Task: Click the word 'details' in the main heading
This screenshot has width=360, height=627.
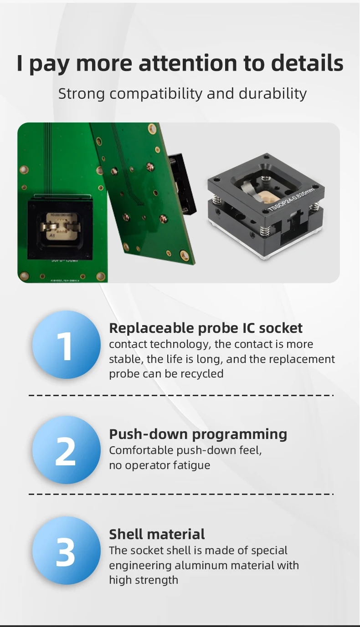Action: point(307,63)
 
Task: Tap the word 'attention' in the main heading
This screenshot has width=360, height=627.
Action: point(187,63)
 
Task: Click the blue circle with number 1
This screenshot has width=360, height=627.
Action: point(66,345)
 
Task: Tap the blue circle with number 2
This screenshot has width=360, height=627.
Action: point(66,450)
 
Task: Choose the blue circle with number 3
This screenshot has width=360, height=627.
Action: point(66,551)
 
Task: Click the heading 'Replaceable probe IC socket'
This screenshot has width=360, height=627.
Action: point(206,328)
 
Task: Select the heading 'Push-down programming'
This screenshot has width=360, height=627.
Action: point(198,434)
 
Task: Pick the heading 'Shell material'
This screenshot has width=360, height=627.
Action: point(157,534)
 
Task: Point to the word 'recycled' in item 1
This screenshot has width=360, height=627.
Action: point(202,374)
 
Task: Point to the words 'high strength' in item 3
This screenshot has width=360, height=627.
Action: point(143,580)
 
